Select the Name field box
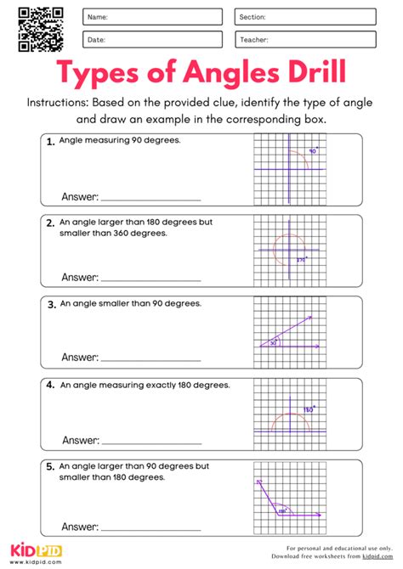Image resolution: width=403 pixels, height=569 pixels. pyautogui.click(x=152, y=17)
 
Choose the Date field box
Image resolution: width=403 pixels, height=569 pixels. pyautogui.click(x=152, y=39)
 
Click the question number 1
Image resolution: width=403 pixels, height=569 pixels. pyautogui.click(x=51, y=142)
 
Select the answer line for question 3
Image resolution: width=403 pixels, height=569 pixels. pyautogui.click(x=151, y=359)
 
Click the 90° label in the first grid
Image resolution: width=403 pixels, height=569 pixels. pyautogui.click(x=312, y=151)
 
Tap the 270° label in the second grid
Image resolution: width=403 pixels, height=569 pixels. pyautogui.click(x=300, y=261)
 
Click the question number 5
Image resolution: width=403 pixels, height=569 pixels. pyautogui.click(x=51, y=466)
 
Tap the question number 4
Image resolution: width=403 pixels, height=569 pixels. pyautogui.click(x=51, y=385)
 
